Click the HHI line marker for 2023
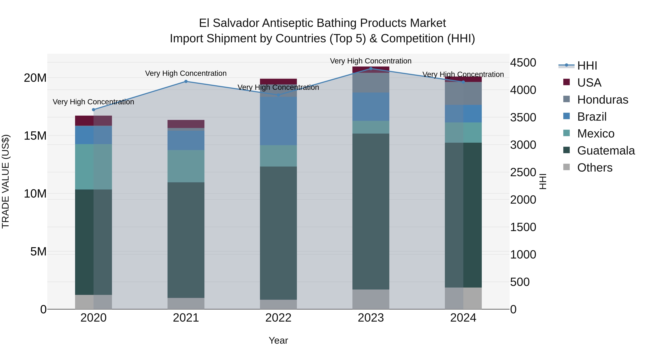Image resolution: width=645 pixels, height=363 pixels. click(371, 68)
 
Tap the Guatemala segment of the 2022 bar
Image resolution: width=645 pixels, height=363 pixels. click(278, 233)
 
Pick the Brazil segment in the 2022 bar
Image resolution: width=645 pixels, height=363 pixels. click(278, 121)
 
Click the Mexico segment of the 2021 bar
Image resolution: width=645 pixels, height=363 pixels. click(186, 166)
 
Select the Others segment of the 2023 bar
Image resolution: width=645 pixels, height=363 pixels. click(371, 299)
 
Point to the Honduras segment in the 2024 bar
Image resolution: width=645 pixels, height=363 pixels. click(463, 93)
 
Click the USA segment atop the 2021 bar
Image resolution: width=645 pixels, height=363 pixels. click(186, 124)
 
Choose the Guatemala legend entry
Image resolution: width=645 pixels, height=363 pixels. click(606, 151)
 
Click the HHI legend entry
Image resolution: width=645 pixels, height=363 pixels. click(587, 66)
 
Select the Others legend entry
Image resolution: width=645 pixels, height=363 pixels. click(594, 168)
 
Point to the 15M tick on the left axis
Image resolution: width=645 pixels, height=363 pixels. click(35, 136)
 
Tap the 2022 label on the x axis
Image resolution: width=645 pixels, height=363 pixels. click(278, 318)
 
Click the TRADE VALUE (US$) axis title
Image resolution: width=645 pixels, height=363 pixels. click(6, 181)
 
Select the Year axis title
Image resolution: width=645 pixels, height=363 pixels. click(278, 340)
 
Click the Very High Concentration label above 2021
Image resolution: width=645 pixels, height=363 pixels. click(186, 73)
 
